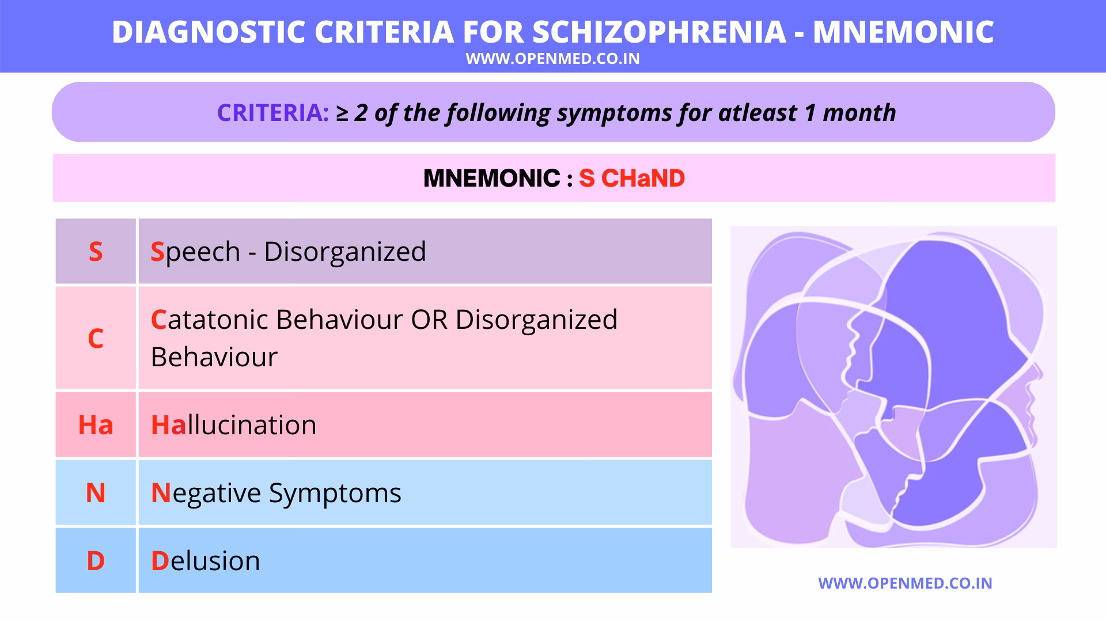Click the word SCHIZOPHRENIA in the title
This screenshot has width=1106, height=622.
[x=659, y=32]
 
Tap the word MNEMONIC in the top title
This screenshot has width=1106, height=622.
[x=903, y=32]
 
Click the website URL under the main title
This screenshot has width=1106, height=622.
[x=552, y=59]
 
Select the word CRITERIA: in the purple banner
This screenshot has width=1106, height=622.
[x=272, y=113]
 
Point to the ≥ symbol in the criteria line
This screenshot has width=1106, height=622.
[x=342, y=113]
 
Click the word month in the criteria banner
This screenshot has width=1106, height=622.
[x=859, y=113]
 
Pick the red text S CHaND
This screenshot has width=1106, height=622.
[x=632, y=179]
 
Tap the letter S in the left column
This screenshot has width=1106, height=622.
[x=96, y=252]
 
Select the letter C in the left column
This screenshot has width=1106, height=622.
[x=96, y=338]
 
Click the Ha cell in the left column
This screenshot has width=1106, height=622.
[x=96, y=425]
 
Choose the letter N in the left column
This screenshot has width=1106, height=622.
[x=96, y=493]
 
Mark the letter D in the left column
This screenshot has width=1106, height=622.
[x=96, y=561]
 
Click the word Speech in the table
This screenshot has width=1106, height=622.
[x=195, y=252]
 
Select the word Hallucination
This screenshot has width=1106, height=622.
[x=233, y=425]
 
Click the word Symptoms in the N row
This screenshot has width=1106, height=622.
[x=335, y=494]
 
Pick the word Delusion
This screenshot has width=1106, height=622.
[x=205, y=561]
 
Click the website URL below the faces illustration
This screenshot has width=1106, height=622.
[x=905, y=583]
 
